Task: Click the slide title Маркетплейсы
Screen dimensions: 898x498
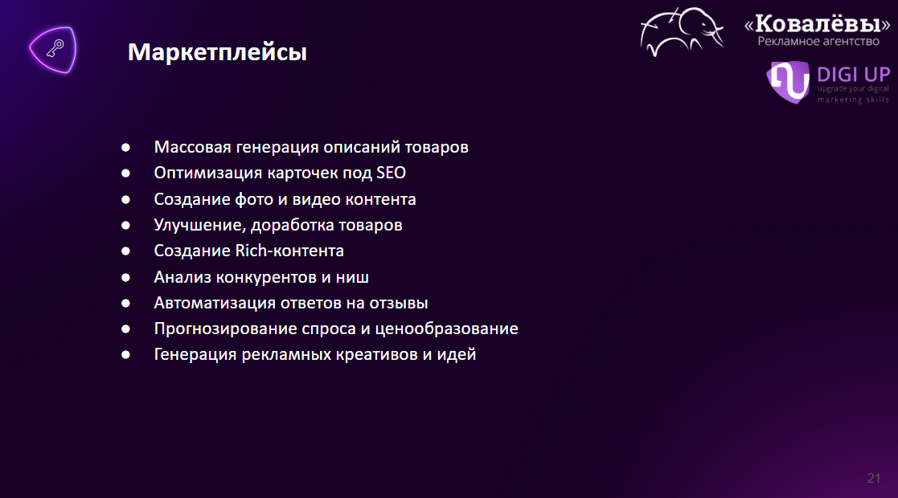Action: coord(217,53)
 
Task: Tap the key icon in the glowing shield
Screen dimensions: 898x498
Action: coord(55,49)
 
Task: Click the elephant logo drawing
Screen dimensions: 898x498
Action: coord(682,32)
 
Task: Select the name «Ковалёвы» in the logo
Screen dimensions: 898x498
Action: coord(818,24)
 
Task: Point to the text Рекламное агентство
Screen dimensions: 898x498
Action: coord(818,41)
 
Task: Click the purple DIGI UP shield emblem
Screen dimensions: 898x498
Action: coord(788,82)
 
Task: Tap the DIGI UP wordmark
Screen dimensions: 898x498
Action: coord(853,75)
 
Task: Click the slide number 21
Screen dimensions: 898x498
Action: coord(873,478)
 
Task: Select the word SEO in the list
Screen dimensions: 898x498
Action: coord(392,173)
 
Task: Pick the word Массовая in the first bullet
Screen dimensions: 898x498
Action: coord(192,147)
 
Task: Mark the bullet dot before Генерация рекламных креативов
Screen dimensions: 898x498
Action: coord(125,355)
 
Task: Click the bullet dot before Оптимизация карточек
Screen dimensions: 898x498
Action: coord(125,173)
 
